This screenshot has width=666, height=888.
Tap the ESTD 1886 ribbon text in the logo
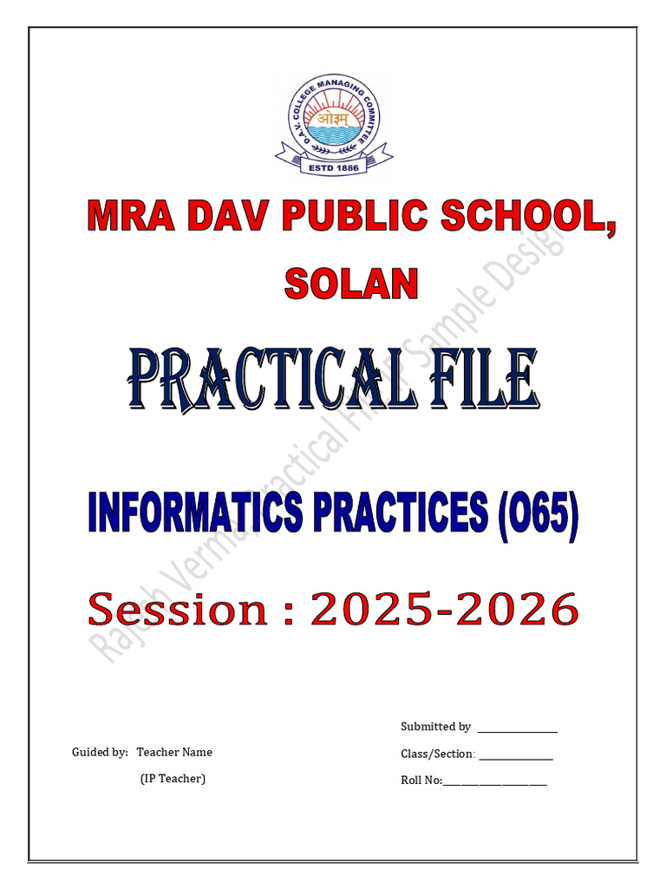(334, 166)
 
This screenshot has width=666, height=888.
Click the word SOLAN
(351, 284)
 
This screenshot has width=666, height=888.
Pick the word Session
(179, 609)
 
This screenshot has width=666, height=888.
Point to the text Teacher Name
(174, 752)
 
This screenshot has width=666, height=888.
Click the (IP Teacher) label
(173, 779)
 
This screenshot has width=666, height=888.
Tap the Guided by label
(100, 752)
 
